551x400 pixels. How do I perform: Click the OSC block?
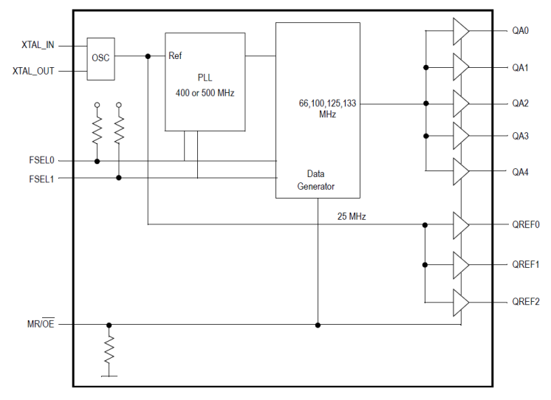[100, 58]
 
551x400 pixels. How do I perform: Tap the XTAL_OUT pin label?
[33, 71]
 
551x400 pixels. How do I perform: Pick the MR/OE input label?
[40, 325]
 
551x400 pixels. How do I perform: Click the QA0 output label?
[520, 31]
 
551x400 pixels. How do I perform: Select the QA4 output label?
[520, 173]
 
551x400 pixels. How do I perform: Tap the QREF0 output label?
[525, 225]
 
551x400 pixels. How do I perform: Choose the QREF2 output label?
[525, 302]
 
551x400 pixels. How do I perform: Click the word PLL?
[205, 77]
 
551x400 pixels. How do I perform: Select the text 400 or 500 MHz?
[205, 94]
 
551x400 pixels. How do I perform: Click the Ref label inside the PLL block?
[176, 56]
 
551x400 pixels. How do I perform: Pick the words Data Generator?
[316, 180]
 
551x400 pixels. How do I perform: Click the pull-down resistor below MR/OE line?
[109, 350]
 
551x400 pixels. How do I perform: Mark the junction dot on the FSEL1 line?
[119, 177]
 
